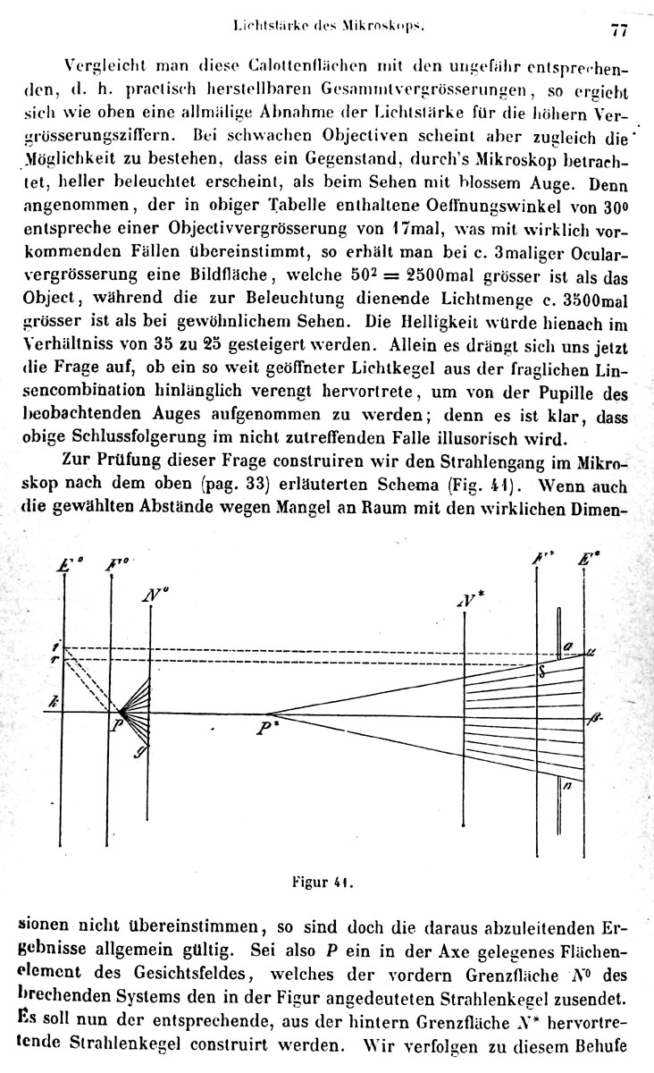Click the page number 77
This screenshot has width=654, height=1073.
coord(619,30)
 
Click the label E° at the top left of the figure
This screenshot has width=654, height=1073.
coord(68,565)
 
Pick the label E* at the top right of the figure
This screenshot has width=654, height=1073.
coord(589,562)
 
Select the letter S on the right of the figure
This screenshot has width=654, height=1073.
coord(541,672)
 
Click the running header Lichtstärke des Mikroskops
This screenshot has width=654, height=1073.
coord(331,27)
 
